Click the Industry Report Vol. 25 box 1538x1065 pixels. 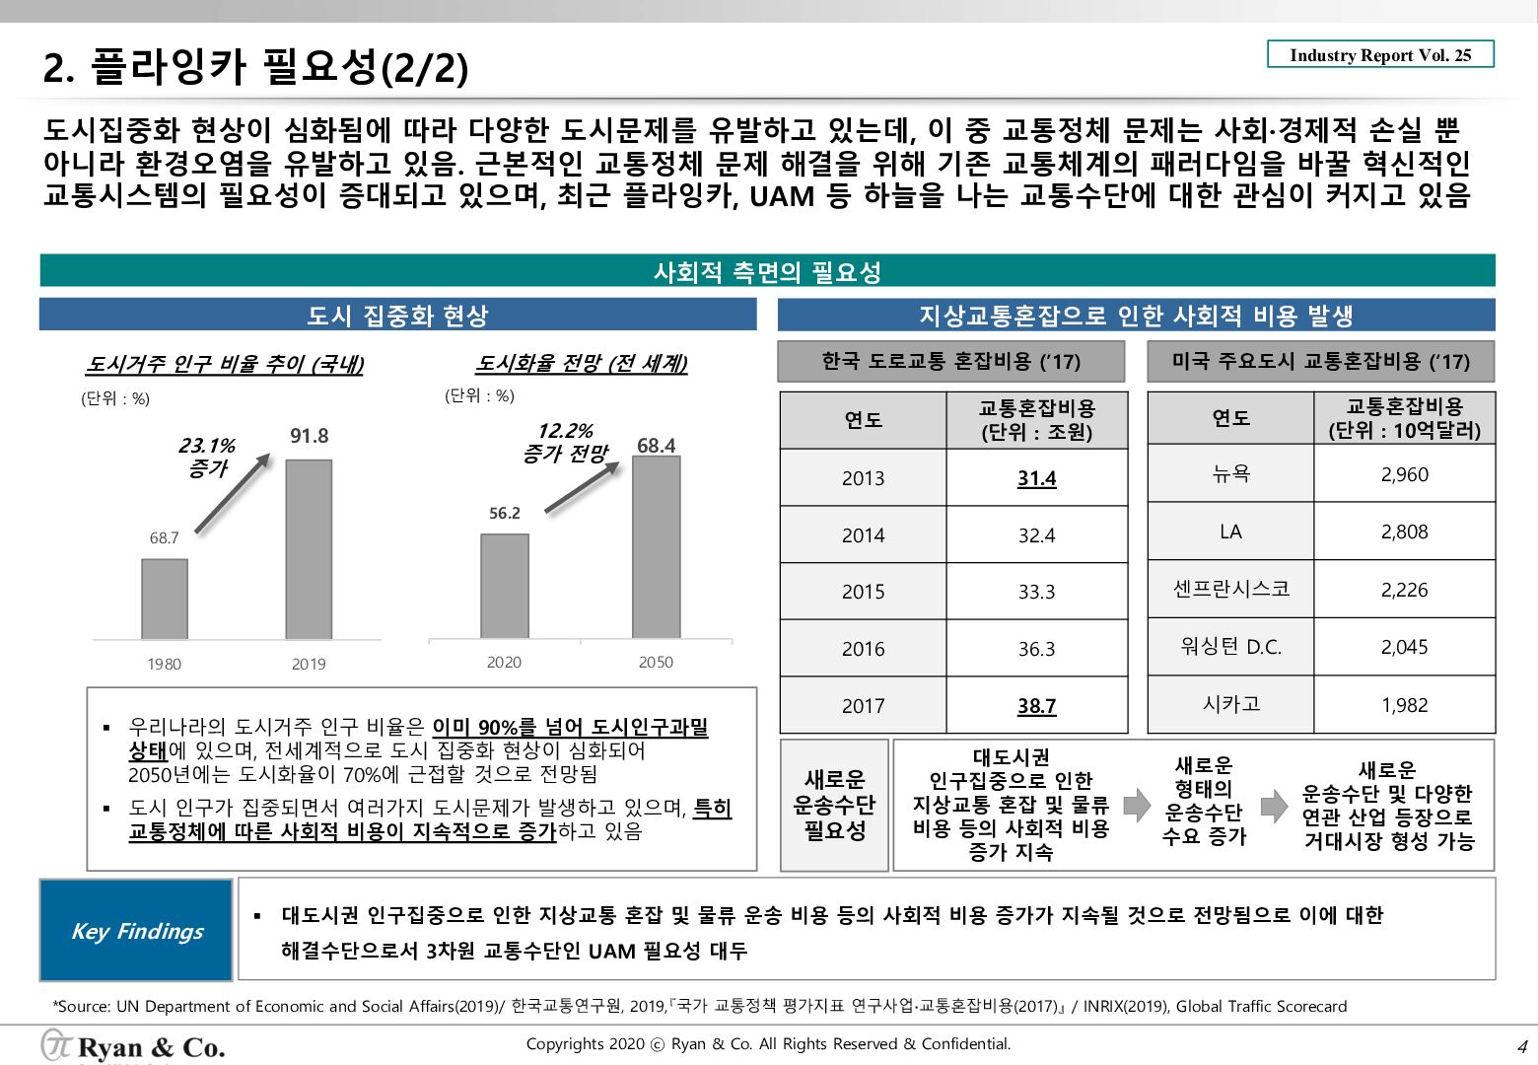[x=1380, y=54]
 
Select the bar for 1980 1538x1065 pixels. [x=165, y=599]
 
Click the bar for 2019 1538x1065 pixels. [x=309, y=549]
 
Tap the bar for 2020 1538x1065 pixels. [x=505, y=586]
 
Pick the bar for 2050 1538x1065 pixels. [x=656, y=547]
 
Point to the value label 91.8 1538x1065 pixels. [x=309, y=436]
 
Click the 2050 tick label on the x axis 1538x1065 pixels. [x=656, y=662]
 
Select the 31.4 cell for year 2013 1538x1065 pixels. [x=1036, y=478]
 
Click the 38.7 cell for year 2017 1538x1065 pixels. [x=1036, y=706]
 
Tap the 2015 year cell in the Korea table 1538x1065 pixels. [x=863, y=592]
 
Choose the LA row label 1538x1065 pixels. [x=1230, y=532]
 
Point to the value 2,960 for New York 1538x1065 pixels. [x=1404, y=474]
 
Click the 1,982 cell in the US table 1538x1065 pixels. [x=1404, y=705]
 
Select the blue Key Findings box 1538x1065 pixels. [x=136, y=930]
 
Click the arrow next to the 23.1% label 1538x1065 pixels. [x=233, y=492]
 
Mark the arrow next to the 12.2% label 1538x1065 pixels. [x=583, y=487]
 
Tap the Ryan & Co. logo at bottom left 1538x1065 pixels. [x=133, y=1046]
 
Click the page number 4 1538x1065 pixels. [x=1521, y=1047]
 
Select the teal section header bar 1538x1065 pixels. [x=767, y=271]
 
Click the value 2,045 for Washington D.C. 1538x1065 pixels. [x=1404, y=647]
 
